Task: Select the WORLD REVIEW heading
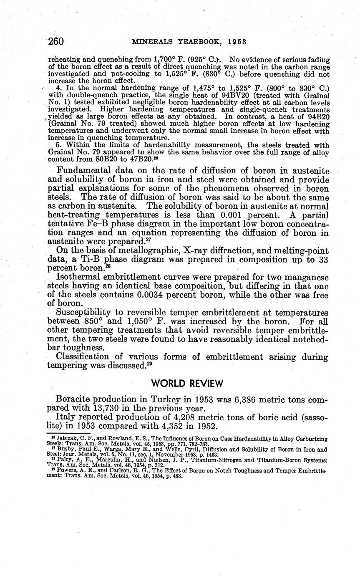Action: (x=187, y=383)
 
